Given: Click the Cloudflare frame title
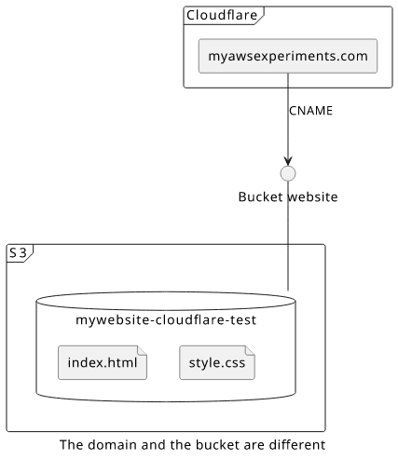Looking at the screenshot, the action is pos(222,15).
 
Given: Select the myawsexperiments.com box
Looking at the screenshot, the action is pos(288,56).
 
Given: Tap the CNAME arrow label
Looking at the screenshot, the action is pos(310,111).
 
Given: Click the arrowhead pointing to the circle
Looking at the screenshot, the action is pos(288,161).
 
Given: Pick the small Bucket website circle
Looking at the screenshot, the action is pos(288,173).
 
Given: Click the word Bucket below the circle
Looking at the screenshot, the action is pos(260,197).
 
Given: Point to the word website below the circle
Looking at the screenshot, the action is pos(312,197).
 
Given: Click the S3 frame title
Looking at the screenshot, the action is pos(18,253).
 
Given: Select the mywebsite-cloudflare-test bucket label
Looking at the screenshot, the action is pos(166,320).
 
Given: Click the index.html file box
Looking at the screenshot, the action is pos(103,362).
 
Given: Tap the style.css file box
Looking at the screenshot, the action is pos(217,362).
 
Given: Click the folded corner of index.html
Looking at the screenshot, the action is pos(143,350).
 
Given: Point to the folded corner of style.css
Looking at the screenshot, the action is pos(251,350).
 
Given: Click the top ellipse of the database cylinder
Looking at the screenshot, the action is pos(166,291).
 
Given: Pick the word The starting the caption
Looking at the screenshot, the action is pos(72,445).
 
